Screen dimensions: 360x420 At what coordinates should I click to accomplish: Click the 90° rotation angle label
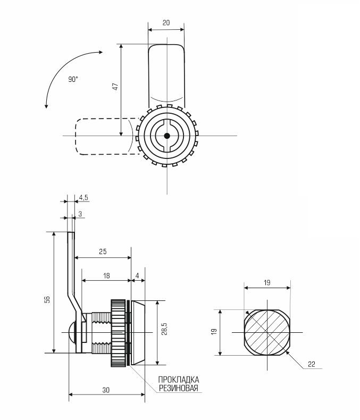(73, 79)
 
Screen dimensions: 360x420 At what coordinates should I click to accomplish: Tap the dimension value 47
(115, 87)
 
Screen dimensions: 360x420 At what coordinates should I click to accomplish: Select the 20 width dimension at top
(166, 22)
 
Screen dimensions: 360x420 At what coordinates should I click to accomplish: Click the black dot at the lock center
(167, 136)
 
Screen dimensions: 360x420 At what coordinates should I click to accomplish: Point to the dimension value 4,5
(83, 198)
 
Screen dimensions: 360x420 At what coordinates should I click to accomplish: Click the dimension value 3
(80, 214)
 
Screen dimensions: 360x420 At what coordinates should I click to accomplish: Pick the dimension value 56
(47, 299)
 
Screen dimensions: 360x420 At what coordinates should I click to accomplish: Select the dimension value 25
(103, 251)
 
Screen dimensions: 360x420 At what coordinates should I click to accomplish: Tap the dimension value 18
(106, 275)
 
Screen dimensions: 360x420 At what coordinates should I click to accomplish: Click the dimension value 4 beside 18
(137, 275)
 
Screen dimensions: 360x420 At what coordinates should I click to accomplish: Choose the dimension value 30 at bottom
(106, 390)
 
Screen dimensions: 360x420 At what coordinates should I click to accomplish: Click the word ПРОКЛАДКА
(178, 380)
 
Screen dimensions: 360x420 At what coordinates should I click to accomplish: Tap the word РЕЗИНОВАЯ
(178, 388)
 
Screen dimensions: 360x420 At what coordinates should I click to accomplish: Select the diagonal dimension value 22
(312, 364)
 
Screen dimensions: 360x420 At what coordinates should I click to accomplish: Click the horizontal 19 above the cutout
(267, 283)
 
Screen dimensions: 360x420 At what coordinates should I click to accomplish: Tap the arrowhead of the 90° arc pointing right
(101, 52)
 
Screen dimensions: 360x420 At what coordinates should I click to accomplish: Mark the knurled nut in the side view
(118, 333)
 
